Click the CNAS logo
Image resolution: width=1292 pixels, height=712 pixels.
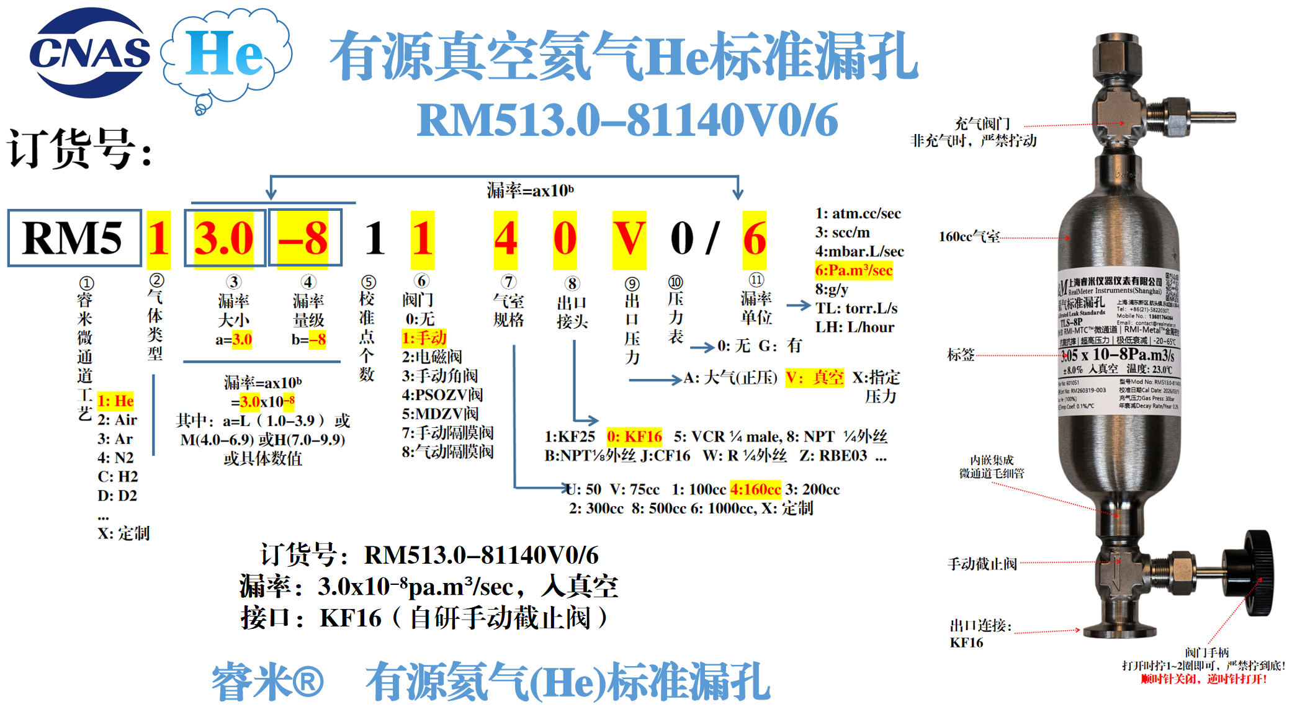pyautogui.click(x=89, y=53)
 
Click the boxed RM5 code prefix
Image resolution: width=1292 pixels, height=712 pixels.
pyautogui.click(x=74, y=238)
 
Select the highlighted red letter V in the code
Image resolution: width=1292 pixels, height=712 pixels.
pyautogui.click(x=629, y=239)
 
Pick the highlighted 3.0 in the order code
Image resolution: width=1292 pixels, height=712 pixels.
pyautogui.click(x=224, y=239)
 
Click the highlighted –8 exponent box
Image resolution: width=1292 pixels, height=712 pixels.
pyautogui.click(x=303, y=239)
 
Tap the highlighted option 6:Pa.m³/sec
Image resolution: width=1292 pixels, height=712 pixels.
pyautogui.click(x=853, y=270)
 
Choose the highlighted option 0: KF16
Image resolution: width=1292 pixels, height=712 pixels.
pyautogui.click(x=634, y=437)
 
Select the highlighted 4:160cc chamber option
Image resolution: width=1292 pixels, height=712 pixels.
pyautogui.click(x=755, y=489)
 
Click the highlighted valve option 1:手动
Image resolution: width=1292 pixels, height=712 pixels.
pyautogui.click(x=424, y=338)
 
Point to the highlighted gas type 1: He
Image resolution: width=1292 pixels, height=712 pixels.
pyautogui.click(x=115, y=401)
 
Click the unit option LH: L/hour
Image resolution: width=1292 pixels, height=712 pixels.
pyautogui.click(x=855, y=327)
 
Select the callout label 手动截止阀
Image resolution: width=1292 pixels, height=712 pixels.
pyautogui.click(x=982, y=564)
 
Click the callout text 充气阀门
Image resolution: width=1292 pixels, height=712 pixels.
pyautogui.click(x=982, y=124)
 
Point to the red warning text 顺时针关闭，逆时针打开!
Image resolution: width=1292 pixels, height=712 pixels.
pyautogui.click(x=1203, y=679)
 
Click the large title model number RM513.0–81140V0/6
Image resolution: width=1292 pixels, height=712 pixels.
pyautogui.click(x=627, y=120)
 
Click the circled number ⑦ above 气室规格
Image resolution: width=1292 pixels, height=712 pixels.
pyautogui.click(x=509, y=282)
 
